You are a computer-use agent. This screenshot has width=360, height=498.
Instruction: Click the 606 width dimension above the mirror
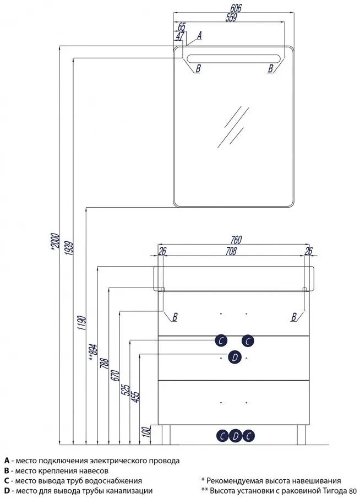point(235,8)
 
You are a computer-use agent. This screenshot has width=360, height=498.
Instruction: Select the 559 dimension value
point(231,18)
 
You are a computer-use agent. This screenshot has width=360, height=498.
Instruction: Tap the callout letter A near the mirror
point(199,35)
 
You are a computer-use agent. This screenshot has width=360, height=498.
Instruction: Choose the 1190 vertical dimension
point(82,323)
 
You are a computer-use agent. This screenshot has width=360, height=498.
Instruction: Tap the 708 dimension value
point(231,251)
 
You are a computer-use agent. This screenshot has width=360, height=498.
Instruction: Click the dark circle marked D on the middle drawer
point(234,358)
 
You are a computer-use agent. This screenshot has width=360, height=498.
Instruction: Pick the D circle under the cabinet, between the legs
point(235,436)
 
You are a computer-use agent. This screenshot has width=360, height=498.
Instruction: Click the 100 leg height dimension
point(146,432)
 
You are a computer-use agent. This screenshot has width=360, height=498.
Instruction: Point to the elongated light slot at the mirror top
point(233,59)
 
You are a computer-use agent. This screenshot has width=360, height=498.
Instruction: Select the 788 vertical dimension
point(105,362)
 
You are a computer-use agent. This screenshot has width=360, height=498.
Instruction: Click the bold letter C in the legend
point(7,481)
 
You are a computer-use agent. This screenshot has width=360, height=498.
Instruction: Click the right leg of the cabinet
point(301,435)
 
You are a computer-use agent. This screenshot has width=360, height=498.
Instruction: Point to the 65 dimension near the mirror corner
point(182,26)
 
